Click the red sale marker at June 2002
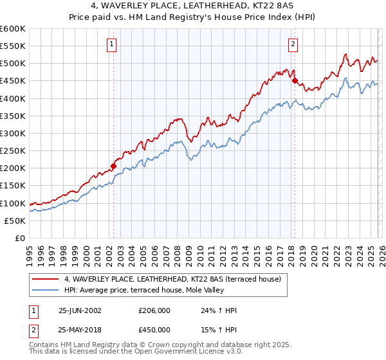[114, 166]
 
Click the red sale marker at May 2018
[295, 81]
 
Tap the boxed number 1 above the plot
[112, 44]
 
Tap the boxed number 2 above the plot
[293, 44]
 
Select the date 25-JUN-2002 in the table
[80, 310]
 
